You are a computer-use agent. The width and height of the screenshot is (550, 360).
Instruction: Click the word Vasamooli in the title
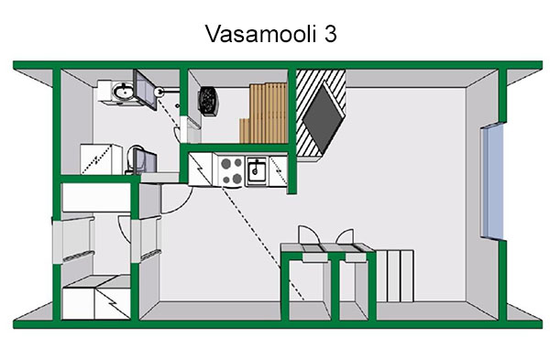point(261,34)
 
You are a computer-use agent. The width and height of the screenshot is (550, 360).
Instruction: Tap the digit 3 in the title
point(330,34)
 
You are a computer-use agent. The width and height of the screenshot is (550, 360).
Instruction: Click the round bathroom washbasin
point(122,92)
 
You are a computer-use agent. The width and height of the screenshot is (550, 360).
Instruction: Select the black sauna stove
point(208,101)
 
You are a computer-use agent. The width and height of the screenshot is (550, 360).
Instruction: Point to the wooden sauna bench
point(264,113)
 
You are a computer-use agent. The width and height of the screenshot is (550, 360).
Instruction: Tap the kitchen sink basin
point(257,170)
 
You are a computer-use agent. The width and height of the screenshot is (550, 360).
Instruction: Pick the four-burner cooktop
point(232,170)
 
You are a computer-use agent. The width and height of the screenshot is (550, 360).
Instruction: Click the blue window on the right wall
point(492,180)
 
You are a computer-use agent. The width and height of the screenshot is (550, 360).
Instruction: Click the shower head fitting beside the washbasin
point(159,92)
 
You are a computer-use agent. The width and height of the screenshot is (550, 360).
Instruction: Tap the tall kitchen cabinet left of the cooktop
point(200,169)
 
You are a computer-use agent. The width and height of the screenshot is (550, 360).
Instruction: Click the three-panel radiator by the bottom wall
point(395,276)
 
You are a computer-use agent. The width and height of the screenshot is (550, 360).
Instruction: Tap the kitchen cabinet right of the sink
point(279,170)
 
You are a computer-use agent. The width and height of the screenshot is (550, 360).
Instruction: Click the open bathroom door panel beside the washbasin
point(145,90)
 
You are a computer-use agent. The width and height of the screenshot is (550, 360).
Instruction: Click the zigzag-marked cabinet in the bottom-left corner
point(95,298)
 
